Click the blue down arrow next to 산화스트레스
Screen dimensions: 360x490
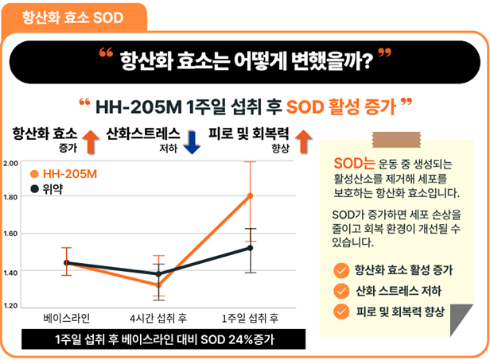click(191, 140)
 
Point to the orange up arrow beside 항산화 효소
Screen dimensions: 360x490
click(89, 141)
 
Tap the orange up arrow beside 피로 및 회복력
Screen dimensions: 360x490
click(301, 140)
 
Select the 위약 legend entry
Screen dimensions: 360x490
click(49, 189)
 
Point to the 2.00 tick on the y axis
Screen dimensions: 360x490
click(11, 163)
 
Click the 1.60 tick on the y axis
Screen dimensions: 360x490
click(11, 234)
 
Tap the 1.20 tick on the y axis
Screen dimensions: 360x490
click(11, 305)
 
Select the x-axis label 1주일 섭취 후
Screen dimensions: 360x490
click(250, 319)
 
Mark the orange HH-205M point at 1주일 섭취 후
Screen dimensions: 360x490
click(250, 195)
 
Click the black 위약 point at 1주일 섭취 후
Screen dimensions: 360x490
click(250, 248)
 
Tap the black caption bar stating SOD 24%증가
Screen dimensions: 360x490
click(153, 339)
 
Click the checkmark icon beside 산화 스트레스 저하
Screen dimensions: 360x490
click(341, 290)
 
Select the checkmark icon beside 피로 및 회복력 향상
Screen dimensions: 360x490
click(341, 310)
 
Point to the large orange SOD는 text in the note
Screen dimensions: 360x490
click(353, 165)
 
